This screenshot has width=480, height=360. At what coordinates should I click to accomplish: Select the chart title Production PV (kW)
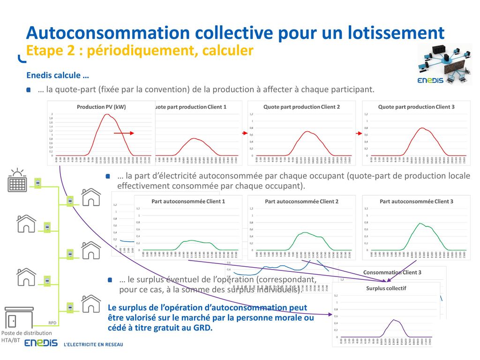tap(101, 107)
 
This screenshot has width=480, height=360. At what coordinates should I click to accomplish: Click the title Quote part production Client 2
tap(301, 107)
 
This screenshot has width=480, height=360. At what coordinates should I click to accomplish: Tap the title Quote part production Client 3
tap(416, 107)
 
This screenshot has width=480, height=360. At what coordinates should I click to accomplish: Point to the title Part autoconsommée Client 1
tap(188, 202)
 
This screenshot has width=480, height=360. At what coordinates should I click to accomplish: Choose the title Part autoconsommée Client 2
tap(301, 202)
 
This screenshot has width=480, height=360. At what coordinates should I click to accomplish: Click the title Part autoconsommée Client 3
tap(416, 202)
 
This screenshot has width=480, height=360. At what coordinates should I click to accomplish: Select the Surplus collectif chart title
tap(386, 289)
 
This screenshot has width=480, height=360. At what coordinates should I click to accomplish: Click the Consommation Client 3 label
tap(392, 272)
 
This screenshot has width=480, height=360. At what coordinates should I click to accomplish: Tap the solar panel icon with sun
tap(17, 180)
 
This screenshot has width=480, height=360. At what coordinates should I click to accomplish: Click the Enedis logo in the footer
tap(41, 344)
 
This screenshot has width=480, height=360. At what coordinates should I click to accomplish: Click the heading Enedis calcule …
tap(58, 75)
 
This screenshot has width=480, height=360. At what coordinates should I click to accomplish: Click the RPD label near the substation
tap(52, 323)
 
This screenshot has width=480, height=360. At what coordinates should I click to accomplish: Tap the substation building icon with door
tap(19, 317)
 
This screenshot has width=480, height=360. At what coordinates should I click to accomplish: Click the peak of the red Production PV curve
tap(107, 114)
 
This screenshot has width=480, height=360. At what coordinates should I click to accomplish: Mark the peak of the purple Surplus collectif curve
tap(394, 320)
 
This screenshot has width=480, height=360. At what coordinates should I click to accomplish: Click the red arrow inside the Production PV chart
tap(124, 134)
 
